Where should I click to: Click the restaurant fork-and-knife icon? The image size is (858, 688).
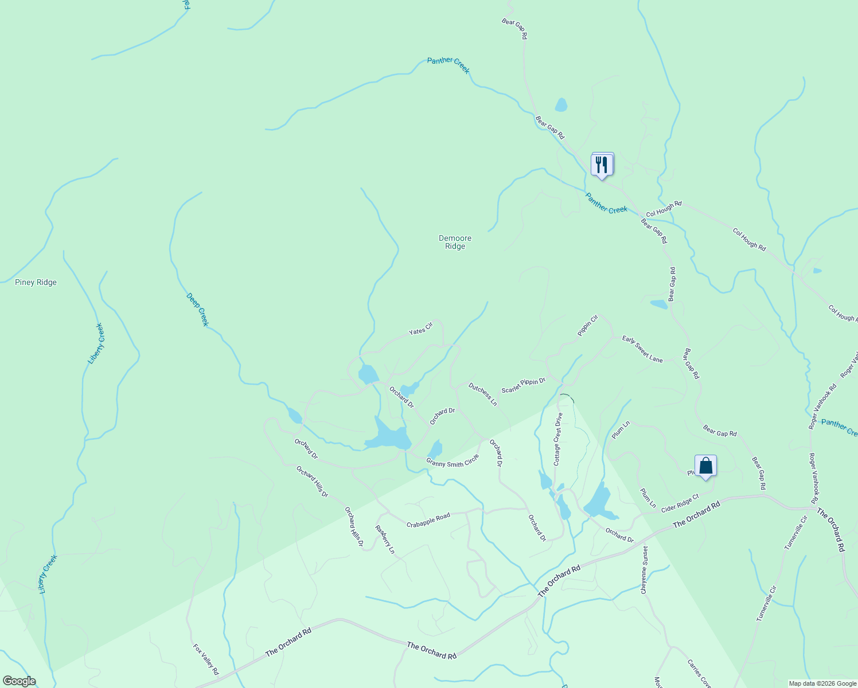(x=602, y=165)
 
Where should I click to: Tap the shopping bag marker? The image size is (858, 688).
(x=705, y=466)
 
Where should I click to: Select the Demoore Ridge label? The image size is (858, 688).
(x=455, y=242)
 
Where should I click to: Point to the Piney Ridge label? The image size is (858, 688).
(x=36, y=282)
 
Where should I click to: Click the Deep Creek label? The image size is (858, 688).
(x=197, y=310)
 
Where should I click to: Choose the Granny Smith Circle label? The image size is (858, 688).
(x=452, y=461)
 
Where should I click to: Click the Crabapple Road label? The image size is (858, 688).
(x=428, y=521)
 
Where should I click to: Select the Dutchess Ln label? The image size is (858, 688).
(x=483, y=394)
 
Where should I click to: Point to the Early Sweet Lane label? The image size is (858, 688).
(x=642, y=349)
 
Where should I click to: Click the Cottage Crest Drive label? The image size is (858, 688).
(x=557, y=439)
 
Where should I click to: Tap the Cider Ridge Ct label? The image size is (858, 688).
(x=680, y=503)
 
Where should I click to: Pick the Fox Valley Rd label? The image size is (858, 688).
(x=206, y=659)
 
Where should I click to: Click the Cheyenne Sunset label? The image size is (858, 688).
(x=645, y=569)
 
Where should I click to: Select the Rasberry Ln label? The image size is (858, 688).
(x=385, y=540)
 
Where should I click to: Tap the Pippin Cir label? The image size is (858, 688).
(x=588, y=325)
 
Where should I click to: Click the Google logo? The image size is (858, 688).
(x=19, y=681)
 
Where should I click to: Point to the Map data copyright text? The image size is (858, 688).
(x=822, y=683)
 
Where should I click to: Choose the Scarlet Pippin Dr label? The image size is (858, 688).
(x=523, y=385)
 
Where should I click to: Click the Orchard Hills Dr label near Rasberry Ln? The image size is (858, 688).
(x=354, y=526)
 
